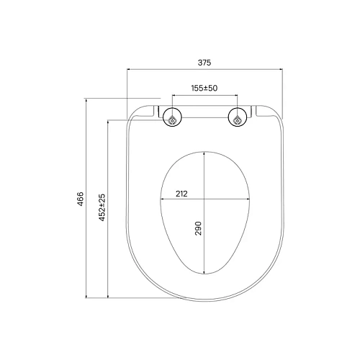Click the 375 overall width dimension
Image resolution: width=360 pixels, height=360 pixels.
[x=204, y=63]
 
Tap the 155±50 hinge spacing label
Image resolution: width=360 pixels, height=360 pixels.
[x=204, y=88]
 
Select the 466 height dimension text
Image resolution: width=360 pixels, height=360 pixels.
[x=81, y=199]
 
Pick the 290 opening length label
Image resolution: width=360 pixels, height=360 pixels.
[x=198, y=230]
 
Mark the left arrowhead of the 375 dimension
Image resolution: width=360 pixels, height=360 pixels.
[x=130, y=70]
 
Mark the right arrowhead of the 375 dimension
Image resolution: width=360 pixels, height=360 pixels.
[x=280, y=70]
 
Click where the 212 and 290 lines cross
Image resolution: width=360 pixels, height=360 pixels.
[x=205, y=199]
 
